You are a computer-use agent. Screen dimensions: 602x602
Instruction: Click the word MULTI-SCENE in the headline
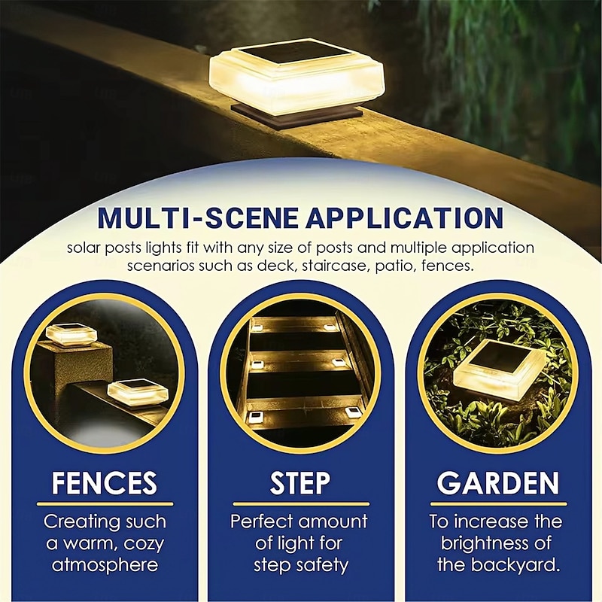[198, 217]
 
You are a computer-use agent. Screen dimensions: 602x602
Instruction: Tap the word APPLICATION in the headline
[406, 217]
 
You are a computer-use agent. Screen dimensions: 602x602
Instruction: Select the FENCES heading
[105, 483]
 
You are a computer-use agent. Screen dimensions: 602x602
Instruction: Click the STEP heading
[300, 483]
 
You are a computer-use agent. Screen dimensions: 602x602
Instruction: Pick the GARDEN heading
[498, 483]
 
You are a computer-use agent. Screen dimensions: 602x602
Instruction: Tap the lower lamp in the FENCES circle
[138, 391]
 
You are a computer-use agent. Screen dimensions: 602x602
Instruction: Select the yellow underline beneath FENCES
[105, 504]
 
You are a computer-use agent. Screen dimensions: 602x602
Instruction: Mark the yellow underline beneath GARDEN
[498, 504]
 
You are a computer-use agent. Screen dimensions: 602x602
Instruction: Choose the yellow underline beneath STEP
[301, 504]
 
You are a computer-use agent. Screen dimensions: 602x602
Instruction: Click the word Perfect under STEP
[261, 521]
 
